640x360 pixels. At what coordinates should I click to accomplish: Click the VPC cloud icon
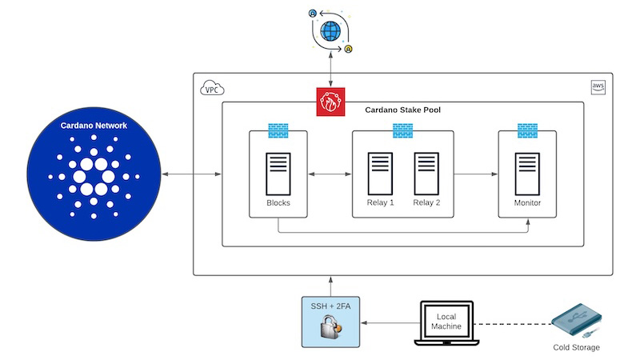tap(213, 88)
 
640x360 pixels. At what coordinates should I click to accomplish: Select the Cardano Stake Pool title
tap(402, 110)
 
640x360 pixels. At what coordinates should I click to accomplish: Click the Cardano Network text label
tap(94, 126)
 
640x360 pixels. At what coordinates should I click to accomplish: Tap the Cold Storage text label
tap(576, 347)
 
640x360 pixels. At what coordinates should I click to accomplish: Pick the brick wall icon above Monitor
tap(527, 130)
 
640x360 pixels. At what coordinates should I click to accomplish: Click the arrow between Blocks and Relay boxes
tap(330, 173)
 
